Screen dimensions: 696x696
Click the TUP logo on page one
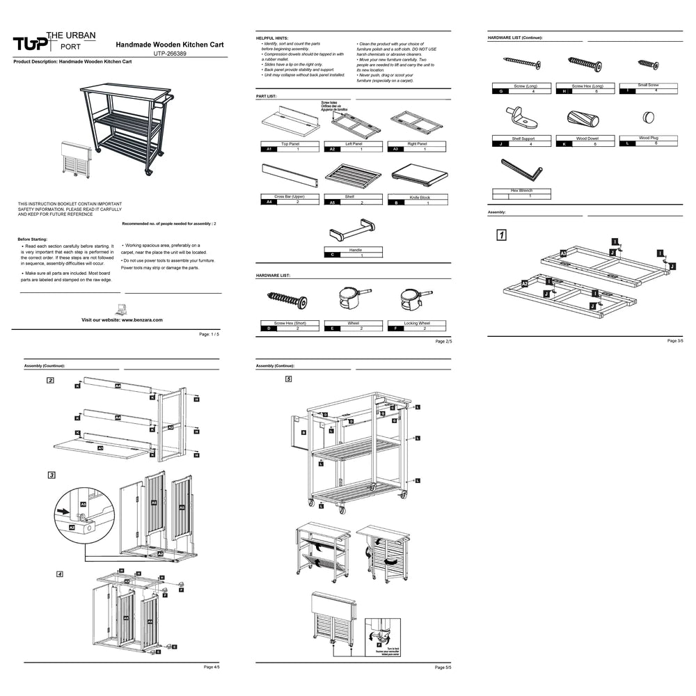coord(31,44)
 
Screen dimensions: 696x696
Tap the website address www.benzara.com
coord(122,319)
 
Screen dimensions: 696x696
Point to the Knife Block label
coord(419,198)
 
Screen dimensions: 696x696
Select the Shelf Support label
coord(523,139)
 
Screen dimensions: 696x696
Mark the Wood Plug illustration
coord(648,118)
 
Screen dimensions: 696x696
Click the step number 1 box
coord(501,235)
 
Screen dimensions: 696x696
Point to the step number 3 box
coord(52,475)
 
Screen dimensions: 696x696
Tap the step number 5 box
coord(288,379)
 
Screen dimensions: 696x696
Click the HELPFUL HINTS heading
coord(272,38)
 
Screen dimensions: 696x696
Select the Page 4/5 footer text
coord(212,667)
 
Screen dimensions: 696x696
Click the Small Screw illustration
coord(648,65)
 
